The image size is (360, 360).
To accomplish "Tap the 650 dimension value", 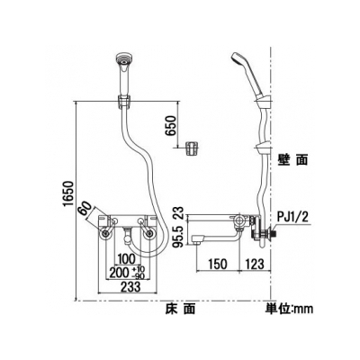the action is coord(171,126).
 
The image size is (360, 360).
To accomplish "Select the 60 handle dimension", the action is coord(85,208).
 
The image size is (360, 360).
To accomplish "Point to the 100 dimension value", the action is coord(127,259).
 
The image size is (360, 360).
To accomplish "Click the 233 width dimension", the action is coord(130,287).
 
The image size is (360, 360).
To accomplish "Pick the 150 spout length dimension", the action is coord(218,264).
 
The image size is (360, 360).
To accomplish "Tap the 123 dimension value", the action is coord(255,264).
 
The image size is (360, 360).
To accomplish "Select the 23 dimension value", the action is coord(179,213).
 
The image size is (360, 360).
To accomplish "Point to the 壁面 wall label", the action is coord(292,160).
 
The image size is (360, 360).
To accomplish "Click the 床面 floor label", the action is coord(180,309).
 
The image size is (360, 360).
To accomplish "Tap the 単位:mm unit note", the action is coord(288,309).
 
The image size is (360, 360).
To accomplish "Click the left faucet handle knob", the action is coord(105,234).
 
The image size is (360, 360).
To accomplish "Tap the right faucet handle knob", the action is coord(149,234).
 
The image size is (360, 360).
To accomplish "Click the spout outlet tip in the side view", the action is coord(196,243).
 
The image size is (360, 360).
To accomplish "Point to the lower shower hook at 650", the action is coord(192,148).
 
